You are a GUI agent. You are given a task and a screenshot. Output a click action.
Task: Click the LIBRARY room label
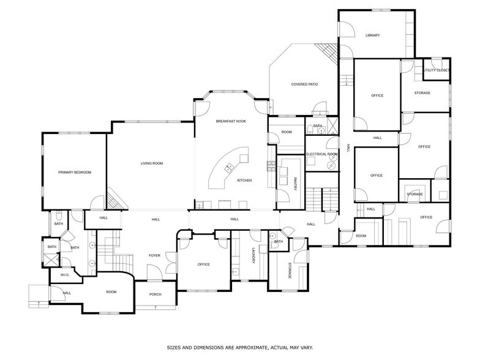pos(372,36)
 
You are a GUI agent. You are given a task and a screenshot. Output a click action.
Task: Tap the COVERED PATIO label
pos(304,84)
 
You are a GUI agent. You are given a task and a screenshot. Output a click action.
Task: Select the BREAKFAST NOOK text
pos(230,122)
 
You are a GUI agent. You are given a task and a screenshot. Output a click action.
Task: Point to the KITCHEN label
pos(244,181)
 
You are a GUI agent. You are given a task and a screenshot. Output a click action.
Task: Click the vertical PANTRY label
pos(295,184)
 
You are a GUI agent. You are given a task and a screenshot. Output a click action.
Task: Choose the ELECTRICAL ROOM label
pos(321,154)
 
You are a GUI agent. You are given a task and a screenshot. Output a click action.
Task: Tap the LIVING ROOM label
pos(152,163)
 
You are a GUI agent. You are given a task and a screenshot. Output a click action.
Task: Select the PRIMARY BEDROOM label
pos(75,173)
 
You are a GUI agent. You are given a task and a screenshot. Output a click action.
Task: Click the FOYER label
pos(154,255)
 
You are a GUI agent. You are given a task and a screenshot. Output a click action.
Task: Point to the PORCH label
pos(156,294)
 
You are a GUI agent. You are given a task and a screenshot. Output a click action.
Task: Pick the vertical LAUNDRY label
pos(253,255)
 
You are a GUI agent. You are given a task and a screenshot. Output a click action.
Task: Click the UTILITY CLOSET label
pos(437,70)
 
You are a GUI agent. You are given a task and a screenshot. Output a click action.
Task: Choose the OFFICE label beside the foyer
pos(203,264)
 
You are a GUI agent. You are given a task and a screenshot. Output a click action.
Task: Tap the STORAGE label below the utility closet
pos(422,93)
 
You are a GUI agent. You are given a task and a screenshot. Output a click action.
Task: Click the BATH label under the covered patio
pos(317,126)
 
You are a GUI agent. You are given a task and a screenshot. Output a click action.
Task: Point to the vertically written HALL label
pos(348,148)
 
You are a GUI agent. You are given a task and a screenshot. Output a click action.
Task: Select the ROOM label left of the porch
pos(111,292)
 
